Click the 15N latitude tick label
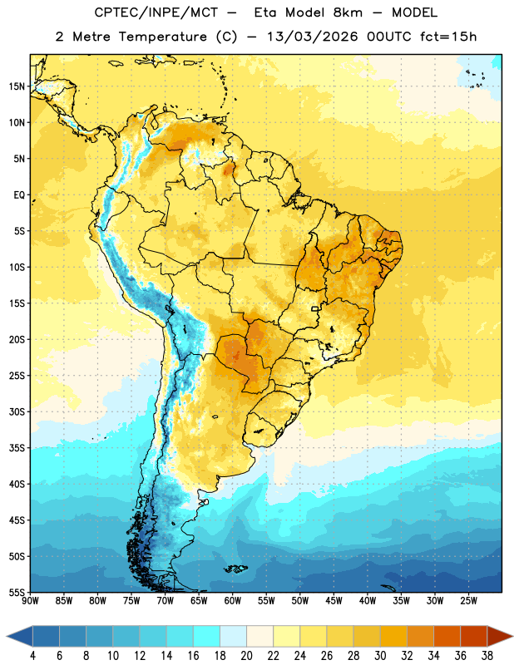click(x=17, y=86)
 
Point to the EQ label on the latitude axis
click(x=19, y=195)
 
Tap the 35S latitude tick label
click(x=17, y=448)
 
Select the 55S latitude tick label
click(x=17, y=593)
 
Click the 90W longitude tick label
click(x=30, y=601)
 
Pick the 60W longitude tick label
click(x=233, y=601)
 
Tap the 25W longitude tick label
click(x=468, y=601)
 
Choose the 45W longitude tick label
click(x=334, y=601)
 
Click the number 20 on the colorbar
click(x=246, y=656)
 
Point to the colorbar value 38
click(x=487, y=656)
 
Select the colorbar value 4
click(x=32, y=656)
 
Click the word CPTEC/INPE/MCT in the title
click(x=156, y=12)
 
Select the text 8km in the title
click(x=348, y=12)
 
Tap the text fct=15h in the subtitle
click(x=448, y=37)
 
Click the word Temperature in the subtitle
click(x=162, y=37)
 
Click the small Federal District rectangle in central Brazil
click(x=315, y=308)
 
